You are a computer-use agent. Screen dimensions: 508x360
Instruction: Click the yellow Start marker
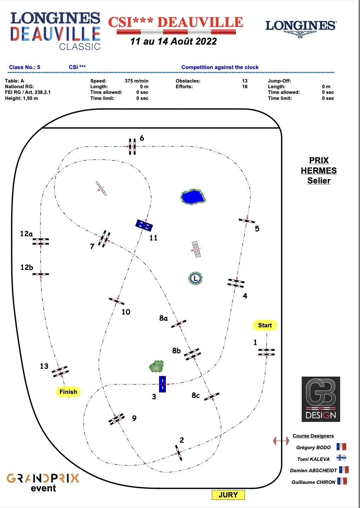(265, 325)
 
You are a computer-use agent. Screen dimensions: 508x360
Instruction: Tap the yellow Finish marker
(68, 392)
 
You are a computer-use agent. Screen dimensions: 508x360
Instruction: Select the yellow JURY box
(228, 495)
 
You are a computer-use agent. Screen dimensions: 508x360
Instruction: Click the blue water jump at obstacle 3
(162, 384)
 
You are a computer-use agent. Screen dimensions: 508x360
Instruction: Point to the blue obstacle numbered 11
(144, 225)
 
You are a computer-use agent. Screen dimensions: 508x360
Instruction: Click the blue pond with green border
(193, 197)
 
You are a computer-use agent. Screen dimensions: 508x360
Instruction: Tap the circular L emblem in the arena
(195, 278)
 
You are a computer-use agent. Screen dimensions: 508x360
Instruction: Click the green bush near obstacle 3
(157, 366)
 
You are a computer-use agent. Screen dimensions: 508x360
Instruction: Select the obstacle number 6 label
(142, 138)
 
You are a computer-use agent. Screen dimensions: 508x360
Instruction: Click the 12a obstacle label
(26, 234)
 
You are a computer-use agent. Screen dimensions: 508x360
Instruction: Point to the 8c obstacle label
(196, 395)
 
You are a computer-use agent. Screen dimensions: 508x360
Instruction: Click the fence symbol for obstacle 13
(60, 372)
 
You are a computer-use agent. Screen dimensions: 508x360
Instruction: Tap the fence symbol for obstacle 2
(179, 453)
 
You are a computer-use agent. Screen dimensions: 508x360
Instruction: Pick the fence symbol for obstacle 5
(247, 221)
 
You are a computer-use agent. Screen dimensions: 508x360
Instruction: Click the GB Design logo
(321, 399)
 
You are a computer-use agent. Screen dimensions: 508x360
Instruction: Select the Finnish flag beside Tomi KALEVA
(341, 458)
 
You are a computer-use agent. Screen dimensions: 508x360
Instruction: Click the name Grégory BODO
(313, 447)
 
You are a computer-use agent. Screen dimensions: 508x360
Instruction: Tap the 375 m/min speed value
(136, 81)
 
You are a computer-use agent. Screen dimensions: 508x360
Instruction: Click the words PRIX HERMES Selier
(319, 170)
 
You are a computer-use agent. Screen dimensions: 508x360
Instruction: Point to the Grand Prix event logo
(43, 482)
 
